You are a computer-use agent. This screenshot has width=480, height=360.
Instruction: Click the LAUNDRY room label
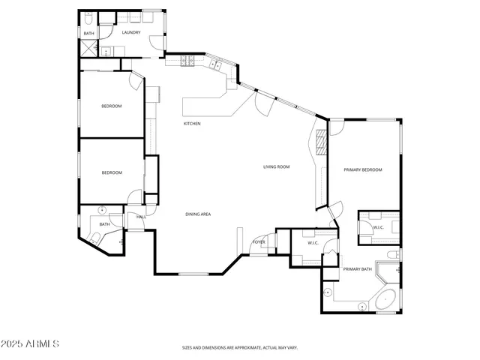coord(131,32)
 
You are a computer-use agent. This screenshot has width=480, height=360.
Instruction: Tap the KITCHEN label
coord(192,124)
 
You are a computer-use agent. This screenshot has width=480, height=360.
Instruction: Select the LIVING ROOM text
coord(276,166)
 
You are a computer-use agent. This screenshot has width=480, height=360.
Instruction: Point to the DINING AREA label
coord(198,214)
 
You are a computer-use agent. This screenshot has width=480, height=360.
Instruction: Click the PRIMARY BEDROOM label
coord(363,170)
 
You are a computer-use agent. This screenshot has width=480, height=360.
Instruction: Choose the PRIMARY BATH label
coord(358,268)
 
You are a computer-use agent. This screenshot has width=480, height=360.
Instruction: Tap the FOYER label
coord(259,242)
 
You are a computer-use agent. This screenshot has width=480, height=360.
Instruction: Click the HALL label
coord(141,217)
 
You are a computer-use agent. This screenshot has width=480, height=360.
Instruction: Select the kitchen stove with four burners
coord(187,61)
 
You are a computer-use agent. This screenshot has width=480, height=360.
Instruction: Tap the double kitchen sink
coord(215,65)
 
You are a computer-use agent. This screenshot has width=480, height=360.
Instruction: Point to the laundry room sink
coord(107,51)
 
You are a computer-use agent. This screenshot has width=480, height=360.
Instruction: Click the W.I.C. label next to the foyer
coord(313,242)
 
